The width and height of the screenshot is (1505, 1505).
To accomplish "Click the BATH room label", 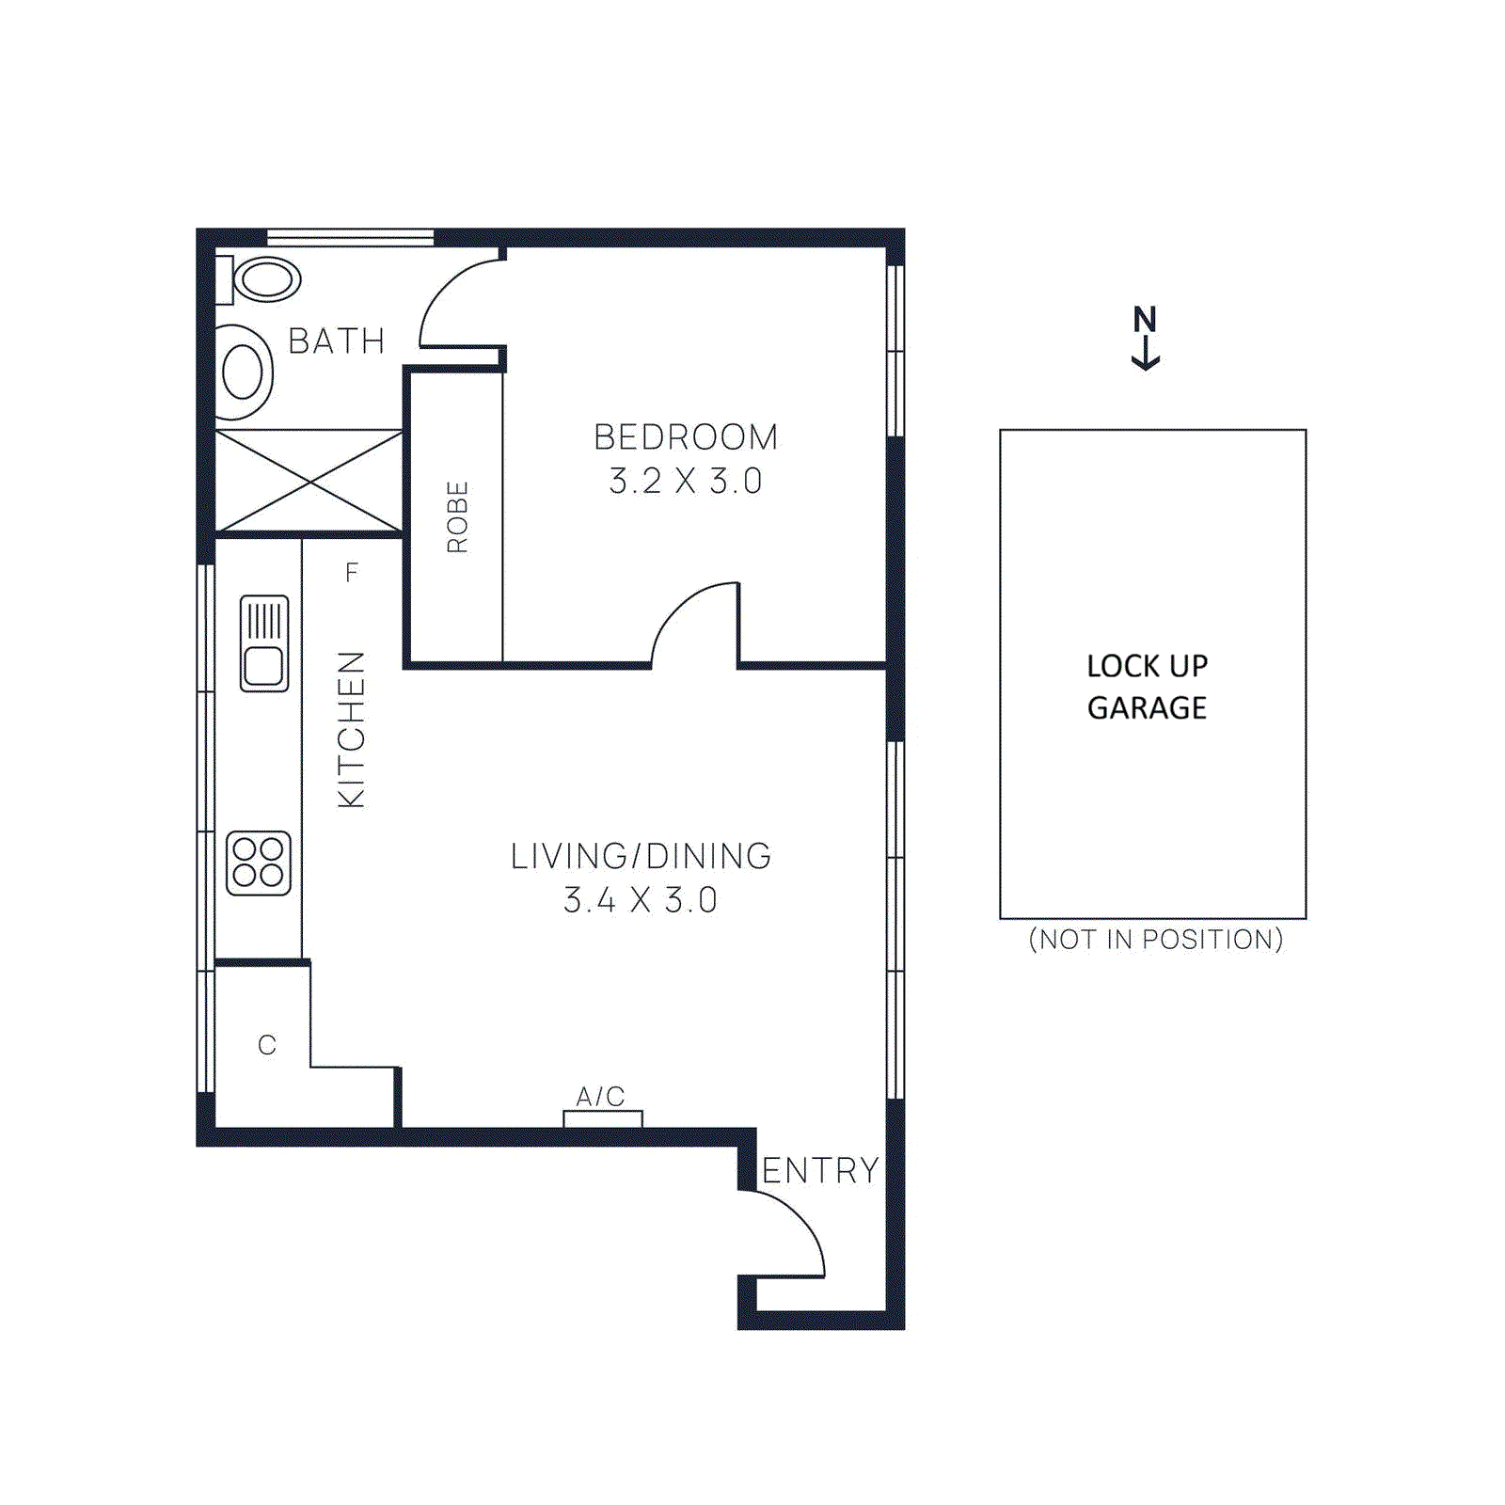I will pos(336,341).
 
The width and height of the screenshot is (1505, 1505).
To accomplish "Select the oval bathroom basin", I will pos(243,372).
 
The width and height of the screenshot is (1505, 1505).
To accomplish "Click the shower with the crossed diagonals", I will pos(309,481).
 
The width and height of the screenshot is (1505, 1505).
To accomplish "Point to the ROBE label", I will pos(457,516).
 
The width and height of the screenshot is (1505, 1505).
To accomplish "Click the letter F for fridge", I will pos(352,572).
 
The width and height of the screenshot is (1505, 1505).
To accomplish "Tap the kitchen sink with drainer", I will pos(264,643).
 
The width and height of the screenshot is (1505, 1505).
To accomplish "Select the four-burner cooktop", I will pos(259,863).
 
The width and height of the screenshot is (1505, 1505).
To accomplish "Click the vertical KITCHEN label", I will pos(351,729).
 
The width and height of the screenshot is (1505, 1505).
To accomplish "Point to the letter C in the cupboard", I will pos(267,1045).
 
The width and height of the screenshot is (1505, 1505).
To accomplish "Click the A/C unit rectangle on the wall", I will pos(603,1118).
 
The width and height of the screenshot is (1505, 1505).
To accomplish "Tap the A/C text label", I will pos(600,1096).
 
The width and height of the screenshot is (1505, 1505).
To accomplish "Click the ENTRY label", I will pos(820,1170).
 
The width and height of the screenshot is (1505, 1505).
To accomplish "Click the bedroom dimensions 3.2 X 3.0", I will pos(685,481).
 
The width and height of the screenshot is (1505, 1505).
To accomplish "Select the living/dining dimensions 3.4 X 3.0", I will pos(641,900).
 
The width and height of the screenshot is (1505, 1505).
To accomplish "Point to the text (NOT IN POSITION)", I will pos(1155,939).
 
